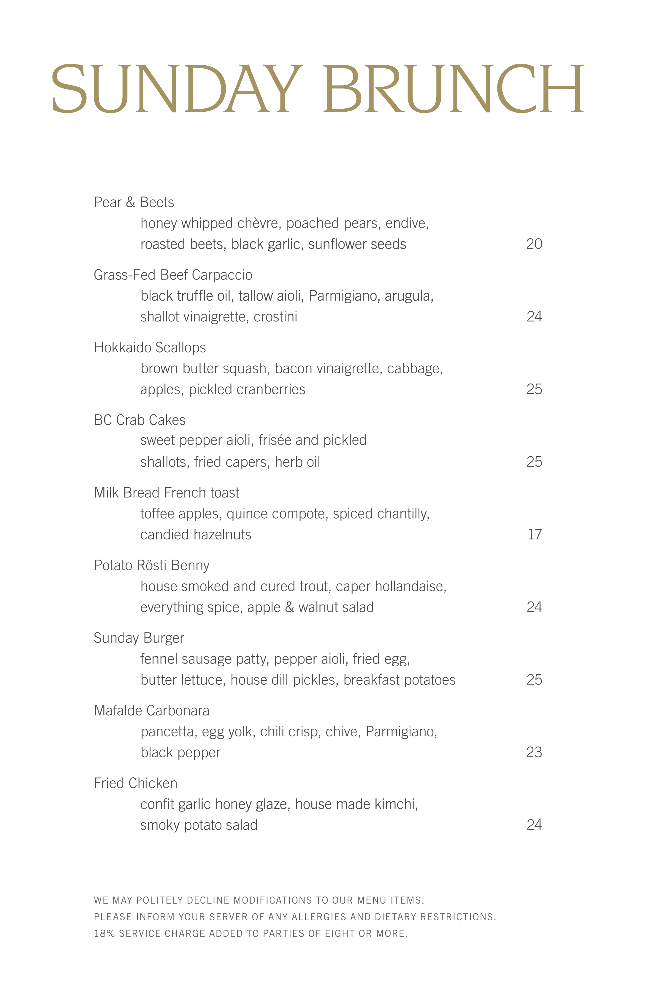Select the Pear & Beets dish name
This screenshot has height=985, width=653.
click(134, 203)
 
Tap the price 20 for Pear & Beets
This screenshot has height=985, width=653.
click(534, 244)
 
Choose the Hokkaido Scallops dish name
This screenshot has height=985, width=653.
click(150, 348)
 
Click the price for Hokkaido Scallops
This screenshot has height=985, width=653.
click(534, 389)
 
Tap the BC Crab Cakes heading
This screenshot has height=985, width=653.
click(140, 420)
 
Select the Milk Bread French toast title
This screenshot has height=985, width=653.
click(167, 493)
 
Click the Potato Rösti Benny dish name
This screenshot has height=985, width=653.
click(152, 565)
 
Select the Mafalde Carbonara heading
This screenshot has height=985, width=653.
click(152, 711)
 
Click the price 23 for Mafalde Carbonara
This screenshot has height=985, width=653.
click(534, 752)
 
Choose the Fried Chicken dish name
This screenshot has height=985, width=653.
click(135, 783)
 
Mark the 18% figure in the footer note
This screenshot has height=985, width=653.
click(104, 934)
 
